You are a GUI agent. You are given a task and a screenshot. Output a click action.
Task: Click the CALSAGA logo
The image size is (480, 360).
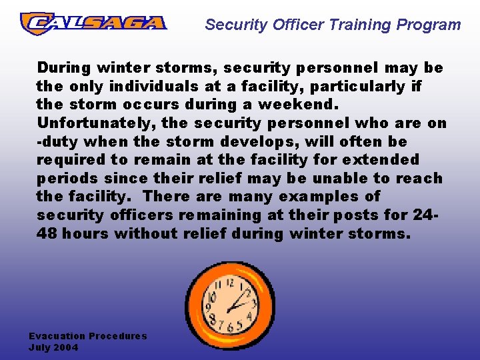click(x=93, y=23)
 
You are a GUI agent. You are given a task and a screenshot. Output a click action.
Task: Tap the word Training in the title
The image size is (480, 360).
click(x=366, y=25)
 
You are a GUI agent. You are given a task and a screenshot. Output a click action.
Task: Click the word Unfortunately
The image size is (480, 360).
click(x=97, y=123)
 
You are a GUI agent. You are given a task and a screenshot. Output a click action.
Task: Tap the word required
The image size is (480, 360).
click(x=71, y=160)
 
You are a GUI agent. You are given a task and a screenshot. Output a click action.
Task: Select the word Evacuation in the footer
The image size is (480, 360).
click(x=57, y=336)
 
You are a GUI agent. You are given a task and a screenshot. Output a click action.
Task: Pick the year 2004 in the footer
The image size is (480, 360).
click(x=66, y=347)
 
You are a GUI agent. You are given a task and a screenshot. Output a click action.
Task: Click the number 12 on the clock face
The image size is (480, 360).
click(x=230, y=282)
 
